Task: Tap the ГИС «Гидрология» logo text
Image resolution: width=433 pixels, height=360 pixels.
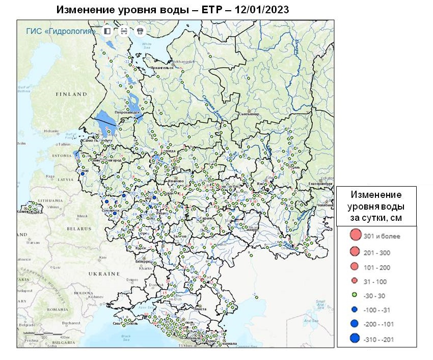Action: (x=61, y=31)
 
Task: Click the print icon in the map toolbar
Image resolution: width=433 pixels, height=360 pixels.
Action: (x=140, y=31)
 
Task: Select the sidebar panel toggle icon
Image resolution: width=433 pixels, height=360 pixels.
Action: (x=107, y=31)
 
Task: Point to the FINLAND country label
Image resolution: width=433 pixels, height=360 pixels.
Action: (x=71, y=94)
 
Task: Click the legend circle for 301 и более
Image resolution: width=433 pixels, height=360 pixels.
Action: (x=355, y=236)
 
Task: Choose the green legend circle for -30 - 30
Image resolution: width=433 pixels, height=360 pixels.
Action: (x=355, y=295)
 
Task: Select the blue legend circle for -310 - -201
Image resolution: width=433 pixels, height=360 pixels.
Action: (x=355, y=338)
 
